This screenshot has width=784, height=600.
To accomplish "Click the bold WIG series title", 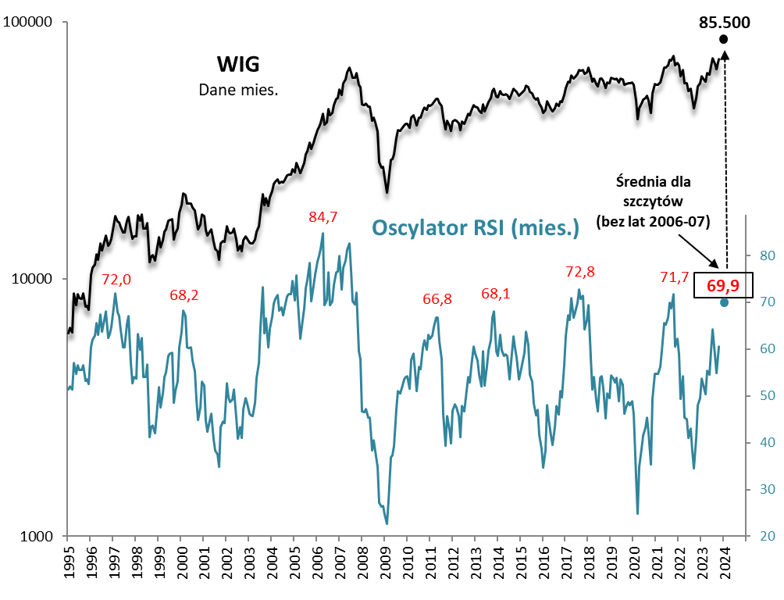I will pyautogui.click(x=237, y=63).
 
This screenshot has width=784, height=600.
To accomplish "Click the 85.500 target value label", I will pyautogui.click(x=724, y=21).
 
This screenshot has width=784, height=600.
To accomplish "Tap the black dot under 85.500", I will pyautogui.click(x=724, y=39).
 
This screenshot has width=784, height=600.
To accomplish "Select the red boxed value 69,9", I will pyautogui.click(x=722, y=285).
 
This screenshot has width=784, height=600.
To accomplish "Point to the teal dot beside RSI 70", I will pyautogui.click(x=724, y=302).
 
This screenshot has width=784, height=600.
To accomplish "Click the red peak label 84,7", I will pyautogui.click(x=322, y=217).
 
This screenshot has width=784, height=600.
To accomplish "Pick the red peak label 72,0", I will pyautogui.click(x=116, y=279).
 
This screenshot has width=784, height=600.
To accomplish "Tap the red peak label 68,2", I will pyautogui.click(x=184, y=295).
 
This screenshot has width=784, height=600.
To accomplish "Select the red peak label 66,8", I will pyautogui.click(x=437, y=299).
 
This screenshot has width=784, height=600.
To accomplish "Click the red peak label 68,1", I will pyautogui.click(x=495, y=294).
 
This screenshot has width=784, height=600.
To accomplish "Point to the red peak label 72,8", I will pyautogui.click(x=579, y=272).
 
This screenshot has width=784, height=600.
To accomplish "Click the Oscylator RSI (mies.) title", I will pyautogui.click(x=476, y=227).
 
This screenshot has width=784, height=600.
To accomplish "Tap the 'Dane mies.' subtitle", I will pyautogui.click(x=238, y=90).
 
